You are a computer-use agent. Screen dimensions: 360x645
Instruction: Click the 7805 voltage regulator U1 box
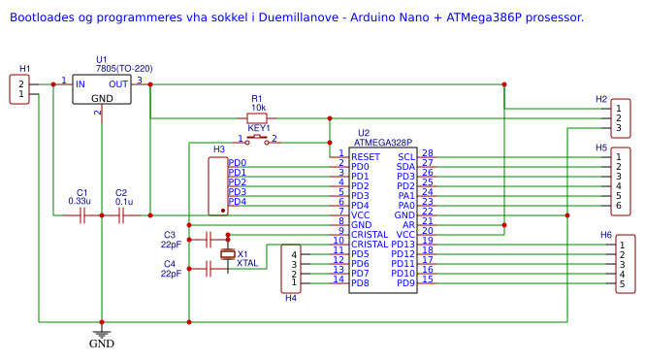click(102, 90)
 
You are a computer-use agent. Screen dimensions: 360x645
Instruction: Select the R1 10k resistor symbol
click(257, 117)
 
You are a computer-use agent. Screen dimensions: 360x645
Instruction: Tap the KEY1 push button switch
click(258, 140)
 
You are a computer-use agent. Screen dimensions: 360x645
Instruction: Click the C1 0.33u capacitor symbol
click(82, 215)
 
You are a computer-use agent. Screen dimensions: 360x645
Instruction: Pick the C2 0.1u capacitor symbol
click(121, 215)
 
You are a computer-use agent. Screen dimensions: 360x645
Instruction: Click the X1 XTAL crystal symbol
click(228, 253)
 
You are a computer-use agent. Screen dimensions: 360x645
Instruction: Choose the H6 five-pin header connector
click(627, 262)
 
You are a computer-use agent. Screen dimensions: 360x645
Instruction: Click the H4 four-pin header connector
click(292, 269)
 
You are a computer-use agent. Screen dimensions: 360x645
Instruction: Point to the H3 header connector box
click(218, 185)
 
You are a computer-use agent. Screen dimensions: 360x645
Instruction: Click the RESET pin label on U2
click(366, 156)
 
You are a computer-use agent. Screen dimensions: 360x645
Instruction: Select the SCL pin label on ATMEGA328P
click(406, 156)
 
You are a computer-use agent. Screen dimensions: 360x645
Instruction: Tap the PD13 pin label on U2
click(403, 244)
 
